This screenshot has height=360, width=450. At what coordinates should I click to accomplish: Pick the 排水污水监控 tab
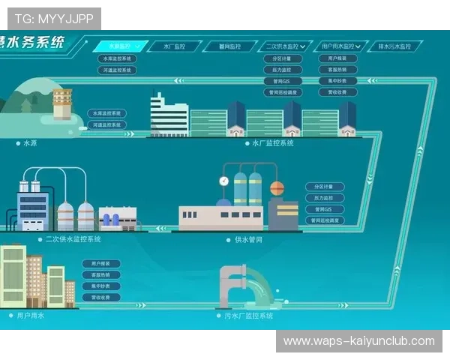[394, 46]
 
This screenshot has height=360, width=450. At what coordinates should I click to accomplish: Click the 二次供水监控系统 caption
[73, 239]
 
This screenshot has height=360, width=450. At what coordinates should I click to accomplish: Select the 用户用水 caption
[31, 316]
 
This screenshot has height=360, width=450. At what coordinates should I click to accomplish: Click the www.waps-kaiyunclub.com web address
[358, 341]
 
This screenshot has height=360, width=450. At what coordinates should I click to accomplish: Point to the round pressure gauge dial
[223, 181]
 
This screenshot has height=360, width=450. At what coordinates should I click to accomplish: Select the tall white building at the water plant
[169, 116]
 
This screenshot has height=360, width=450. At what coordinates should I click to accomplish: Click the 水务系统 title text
[34, 42]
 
